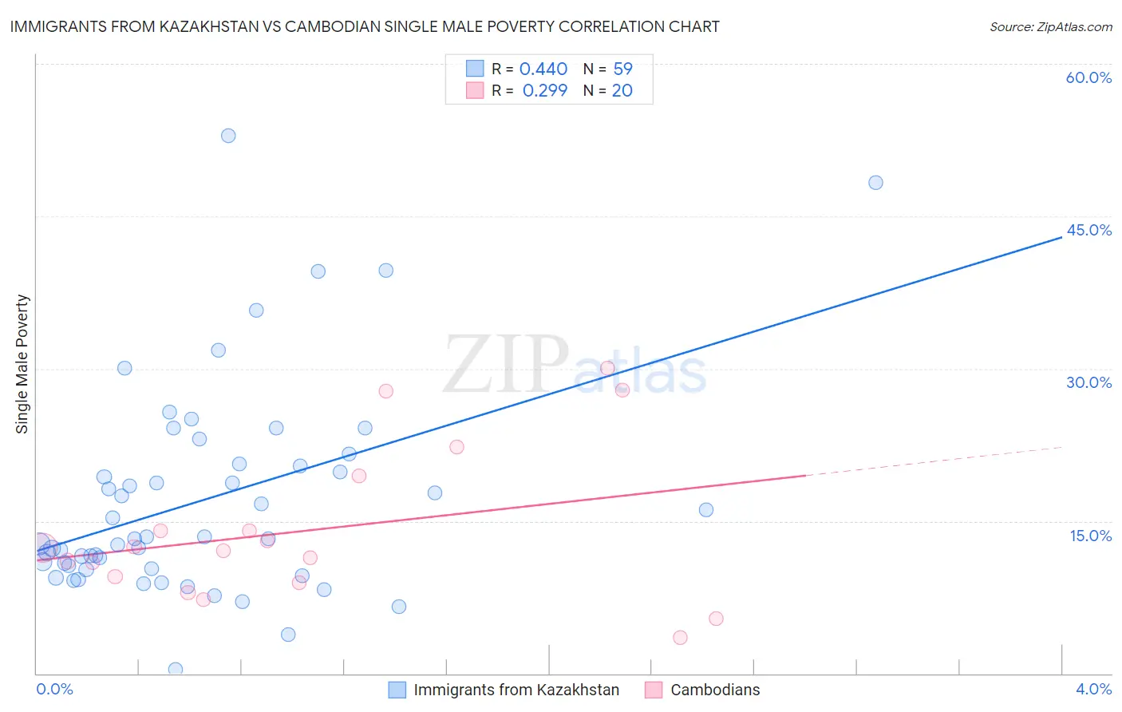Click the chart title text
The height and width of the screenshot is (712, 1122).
(365, 26)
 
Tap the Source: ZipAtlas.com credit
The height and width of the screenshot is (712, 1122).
(1050, 27)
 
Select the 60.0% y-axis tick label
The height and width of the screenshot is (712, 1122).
(1088, 77)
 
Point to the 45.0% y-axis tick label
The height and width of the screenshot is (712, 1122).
(1088, 230)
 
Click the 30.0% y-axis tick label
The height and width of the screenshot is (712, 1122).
(1088, 382)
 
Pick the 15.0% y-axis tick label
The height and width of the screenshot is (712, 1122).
(1090, 536)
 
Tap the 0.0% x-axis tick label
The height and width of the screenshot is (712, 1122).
(54, 689)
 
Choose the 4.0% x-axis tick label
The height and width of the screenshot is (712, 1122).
(1093, 689)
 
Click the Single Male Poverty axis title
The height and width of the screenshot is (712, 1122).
(22, 364)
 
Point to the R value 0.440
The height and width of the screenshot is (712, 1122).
(543, 69)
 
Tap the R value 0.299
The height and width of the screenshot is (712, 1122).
(545, 90)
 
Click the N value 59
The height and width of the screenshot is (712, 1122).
(622, 69)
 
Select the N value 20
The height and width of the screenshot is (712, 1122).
(622, 90)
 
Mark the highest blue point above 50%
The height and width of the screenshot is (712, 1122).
(228, 136)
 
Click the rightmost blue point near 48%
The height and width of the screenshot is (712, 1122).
(875, 183)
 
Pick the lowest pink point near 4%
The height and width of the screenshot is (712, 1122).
(680, 637)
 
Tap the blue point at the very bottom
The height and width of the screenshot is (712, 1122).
(176, 669)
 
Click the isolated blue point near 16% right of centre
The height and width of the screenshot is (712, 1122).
(706, 510)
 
